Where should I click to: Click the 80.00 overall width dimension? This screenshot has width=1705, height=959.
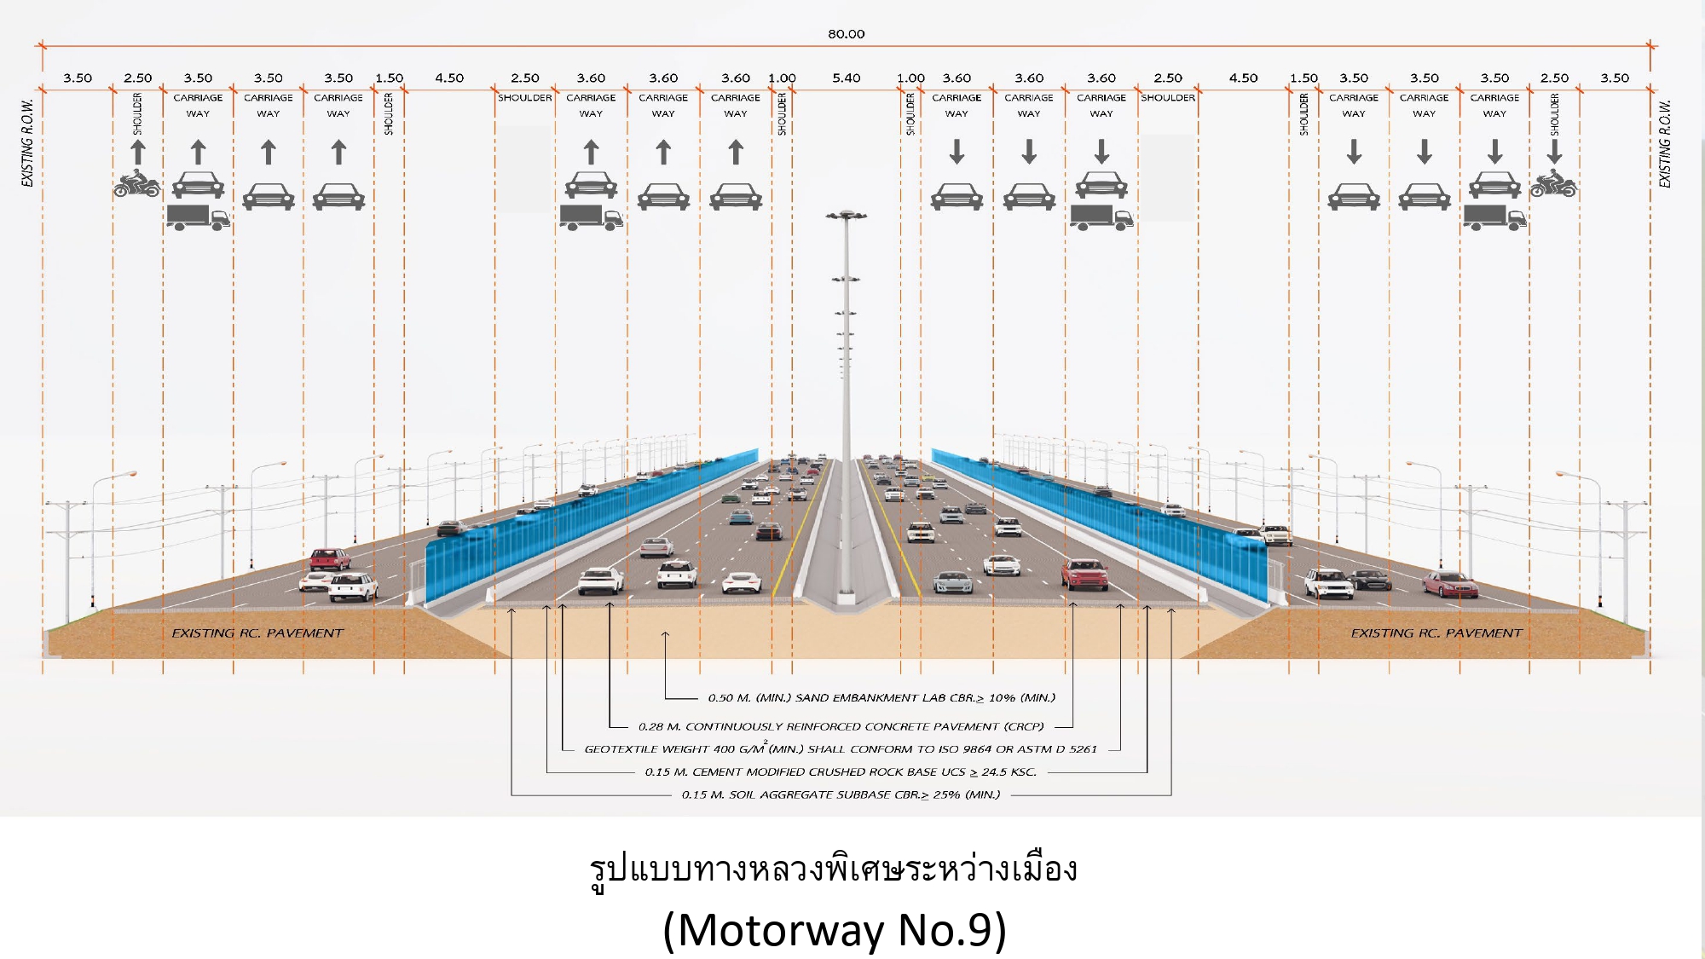point(846,34)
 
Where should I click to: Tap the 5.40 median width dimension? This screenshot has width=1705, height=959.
point(846,78)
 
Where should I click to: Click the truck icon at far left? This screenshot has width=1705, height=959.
point(198,217)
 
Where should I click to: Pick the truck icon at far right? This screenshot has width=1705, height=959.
point(1494,217)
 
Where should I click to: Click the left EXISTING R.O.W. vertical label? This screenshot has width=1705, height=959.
point(27,143)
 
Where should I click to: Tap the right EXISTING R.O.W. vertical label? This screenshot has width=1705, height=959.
point(1665,143)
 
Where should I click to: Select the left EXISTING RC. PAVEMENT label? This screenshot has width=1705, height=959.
point(257,633)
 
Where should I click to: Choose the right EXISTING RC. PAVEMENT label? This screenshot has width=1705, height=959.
point(1436,633)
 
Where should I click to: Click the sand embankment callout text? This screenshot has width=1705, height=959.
point(881,697)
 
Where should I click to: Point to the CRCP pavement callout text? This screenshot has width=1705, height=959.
point(841,726)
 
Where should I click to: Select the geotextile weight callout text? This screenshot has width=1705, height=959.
point(841,749)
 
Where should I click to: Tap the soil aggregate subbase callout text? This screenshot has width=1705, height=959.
point(841,794)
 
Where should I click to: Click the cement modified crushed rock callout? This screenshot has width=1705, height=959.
point(841,772)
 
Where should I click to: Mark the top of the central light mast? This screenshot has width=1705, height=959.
point(846,215)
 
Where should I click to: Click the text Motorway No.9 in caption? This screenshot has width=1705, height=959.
point(835,930)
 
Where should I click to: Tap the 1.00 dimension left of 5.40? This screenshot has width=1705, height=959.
point(782,78)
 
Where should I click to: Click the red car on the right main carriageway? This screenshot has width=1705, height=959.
point(1084,575)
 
